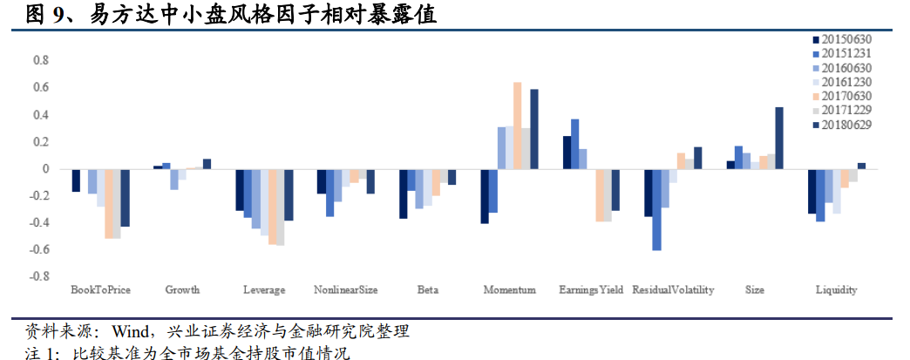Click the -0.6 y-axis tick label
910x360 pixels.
(38, 250)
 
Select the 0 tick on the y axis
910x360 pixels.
(44, 169)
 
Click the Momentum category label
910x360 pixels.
(509, 290)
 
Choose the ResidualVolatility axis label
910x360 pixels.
(673, 290)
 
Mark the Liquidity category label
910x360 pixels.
(836, 290)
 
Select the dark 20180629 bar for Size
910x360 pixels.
(779, 138)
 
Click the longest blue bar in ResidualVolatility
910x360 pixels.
(656, 209)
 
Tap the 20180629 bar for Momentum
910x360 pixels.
(534, 129)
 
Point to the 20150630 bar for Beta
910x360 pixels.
(403, 194)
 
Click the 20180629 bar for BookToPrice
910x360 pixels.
(125, 198)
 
